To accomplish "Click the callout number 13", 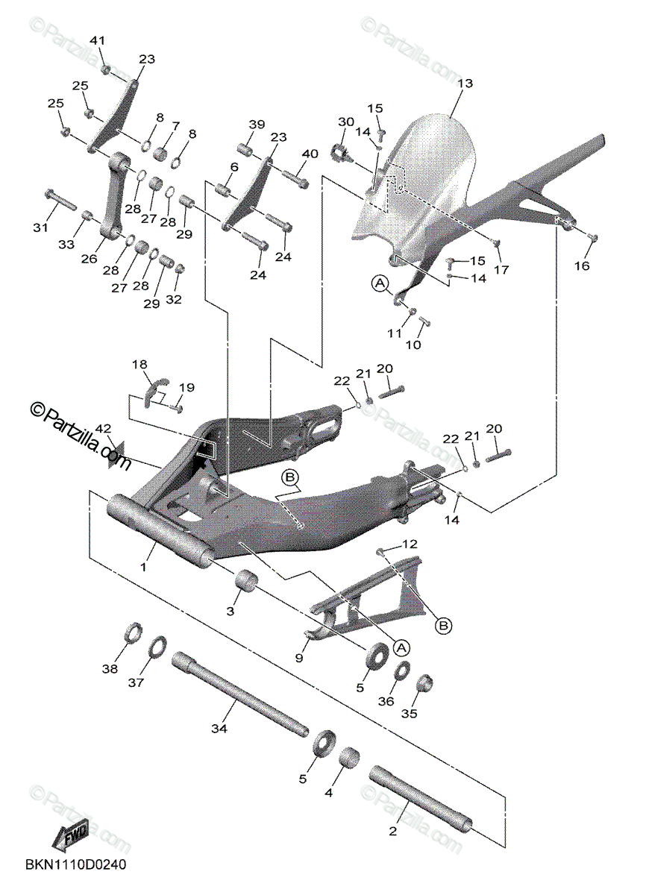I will [465, 84].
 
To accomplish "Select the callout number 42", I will [104, 429].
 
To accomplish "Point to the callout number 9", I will [299, 658].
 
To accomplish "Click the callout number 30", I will [345, 122].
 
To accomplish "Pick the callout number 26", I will [89, 259].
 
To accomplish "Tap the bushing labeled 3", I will [247, 581].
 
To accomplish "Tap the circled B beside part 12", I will [443, 625].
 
